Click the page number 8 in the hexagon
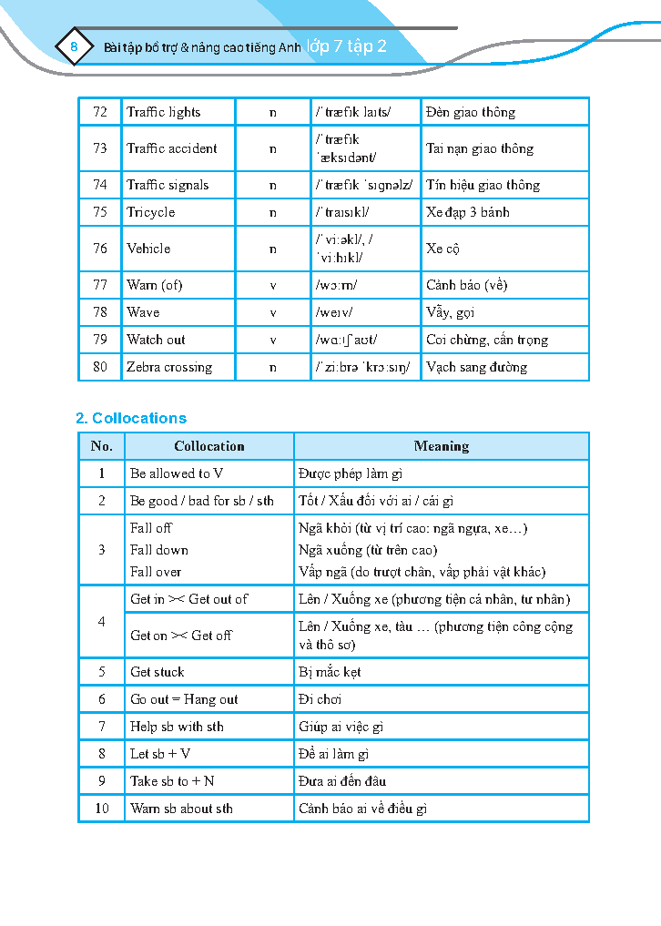click(x=75, y=48)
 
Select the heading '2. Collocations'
click(x=131, y=419)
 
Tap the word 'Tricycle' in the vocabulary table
click(x=151, y=212)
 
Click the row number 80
click(x=100, y=367)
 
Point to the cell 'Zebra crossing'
click(x=169, y=367)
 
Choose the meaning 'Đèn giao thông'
click(x=471, y=112)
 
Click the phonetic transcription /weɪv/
click(x=335, y=312)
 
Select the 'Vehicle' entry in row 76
click(x=148, y=249)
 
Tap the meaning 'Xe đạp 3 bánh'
click(x=468, y=212)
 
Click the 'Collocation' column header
click(x=209, y=446)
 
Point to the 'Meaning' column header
click(x=442, y=446)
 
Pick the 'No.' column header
click(x=102, y=446)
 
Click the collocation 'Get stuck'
click(x=158, y=672)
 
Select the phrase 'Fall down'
click(x=159, y=550)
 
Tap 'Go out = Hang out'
click(x=184, y=699)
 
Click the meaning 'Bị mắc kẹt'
click(x=330, y=672)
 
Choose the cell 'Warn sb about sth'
click(x=182, y=809)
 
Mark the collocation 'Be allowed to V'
click(x=177, y=473)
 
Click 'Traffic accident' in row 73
click(x=172, y=148)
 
